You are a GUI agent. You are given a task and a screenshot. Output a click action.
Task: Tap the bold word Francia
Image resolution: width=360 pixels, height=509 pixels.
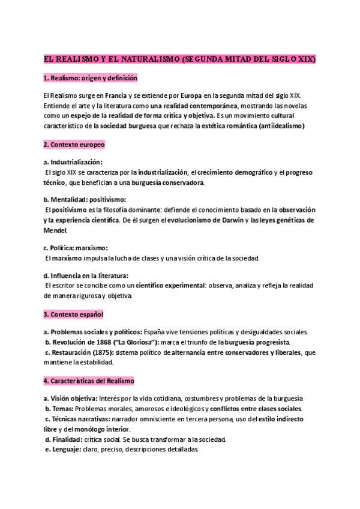click(x=117, y=95)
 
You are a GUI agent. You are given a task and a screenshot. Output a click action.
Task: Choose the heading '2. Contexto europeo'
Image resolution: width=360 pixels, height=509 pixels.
click(x=74, y=145)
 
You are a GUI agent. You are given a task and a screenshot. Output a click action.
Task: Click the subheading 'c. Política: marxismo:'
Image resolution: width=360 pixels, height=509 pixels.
click(x=76, y=248)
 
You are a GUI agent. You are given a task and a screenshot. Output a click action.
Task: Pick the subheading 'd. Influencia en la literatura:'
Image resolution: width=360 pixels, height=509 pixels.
click(x=86, y=276)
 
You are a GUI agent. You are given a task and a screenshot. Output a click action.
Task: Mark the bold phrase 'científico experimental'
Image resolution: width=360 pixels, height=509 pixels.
click(x=170, y=286)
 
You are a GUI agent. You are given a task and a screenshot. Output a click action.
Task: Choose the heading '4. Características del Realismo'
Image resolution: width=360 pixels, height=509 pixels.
click(x=89, y=381)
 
